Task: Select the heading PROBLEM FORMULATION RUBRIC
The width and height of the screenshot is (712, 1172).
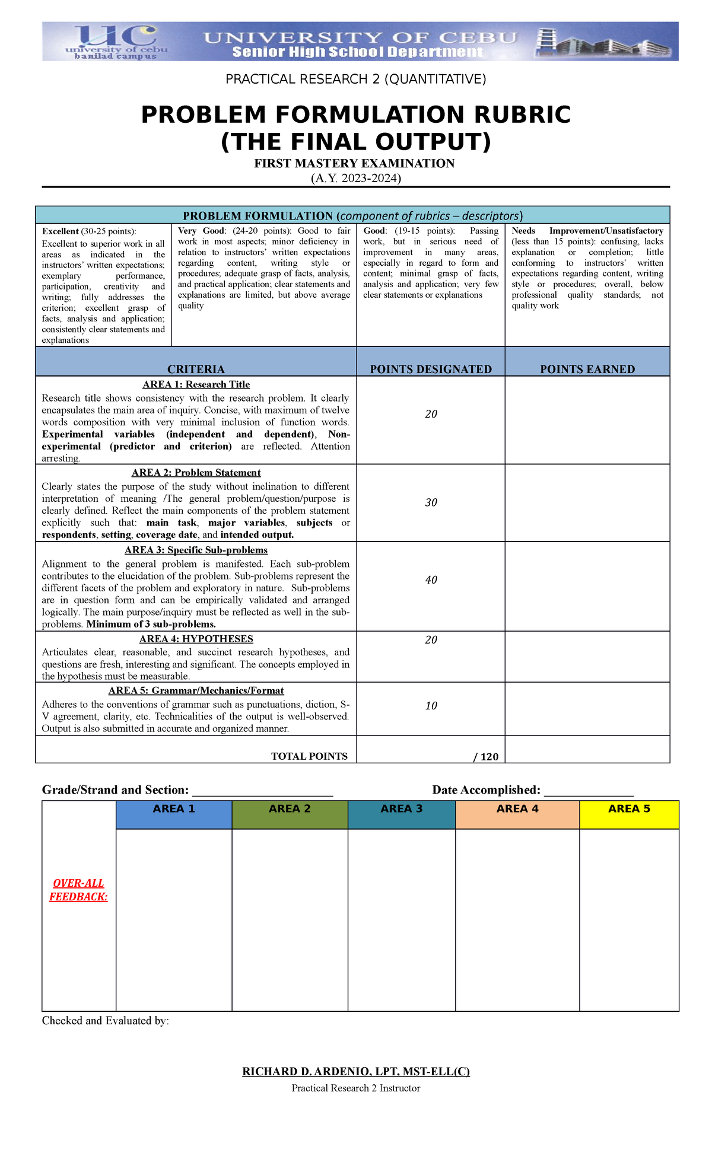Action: [355, 115]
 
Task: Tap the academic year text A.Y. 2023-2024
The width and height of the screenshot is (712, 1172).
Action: [355, 178]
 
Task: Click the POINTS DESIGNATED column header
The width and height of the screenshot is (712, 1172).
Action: [431, 369]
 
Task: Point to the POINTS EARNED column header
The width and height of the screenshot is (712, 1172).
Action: [587, 369]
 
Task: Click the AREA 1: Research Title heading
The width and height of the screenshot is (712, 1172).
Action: [196, 384]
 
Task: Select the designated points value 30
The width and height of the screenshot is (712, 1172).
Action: [431, 502]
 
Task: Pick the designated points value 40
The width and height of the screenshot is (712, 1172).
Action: [431, 579]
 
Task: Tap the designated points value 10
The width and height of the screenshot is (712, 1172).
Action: [431, 705]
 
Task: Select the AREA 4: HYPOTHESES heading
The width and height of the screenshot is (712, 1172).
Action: [196, 639]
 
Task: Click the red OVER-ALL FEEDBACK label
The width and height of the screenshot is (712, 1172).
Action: [78, 890]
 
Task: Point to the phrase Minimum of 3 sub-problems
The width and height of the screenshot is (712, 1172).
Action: [151, 624]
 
